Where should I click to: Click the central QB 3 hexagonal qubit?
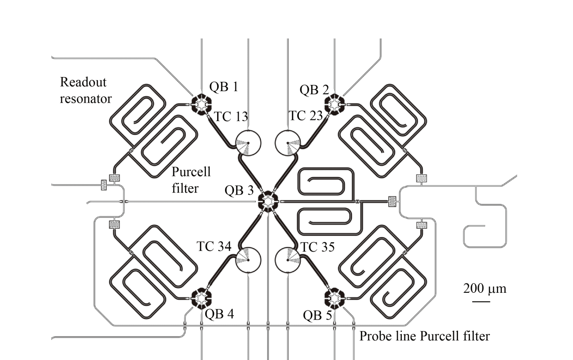coord(268,201)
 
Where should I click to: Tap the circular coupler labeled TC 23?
coord(288,143)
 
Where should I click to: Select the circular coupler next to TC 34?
coord(248,259)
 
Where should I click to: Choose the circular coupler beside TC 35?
coord(288,259)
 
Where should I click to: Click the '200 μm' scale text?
coord(485,289)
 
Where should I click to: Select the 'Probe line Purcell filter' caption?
coord(424,336)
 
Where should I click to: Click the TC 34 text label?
coord(214,247)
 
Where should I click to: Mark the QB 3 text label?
coord(239,191)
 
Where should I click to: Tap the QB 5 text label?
coord(317,315)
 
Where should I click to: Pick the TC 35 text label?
coord(317,247)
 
